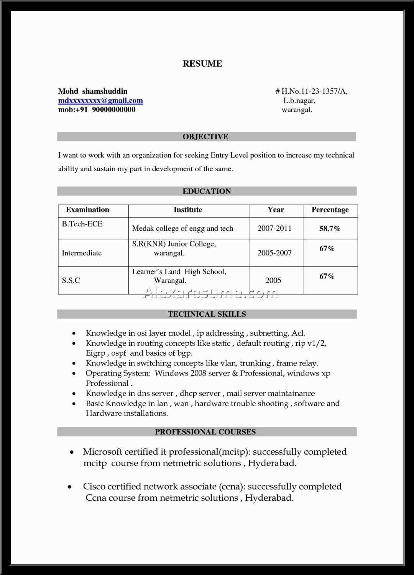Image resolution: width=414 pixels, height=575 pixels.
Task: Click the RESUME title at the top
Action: click(x=202, y=64)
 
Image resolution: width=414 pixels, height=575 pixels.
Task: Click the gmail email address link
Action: click(x=100, y=101)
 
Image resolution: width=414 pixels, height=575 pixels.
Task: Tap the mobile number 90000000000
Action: click(x=113, y=110)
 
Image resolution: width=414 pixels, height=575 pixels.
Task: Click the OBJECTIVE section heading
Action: click(x=205, y=137)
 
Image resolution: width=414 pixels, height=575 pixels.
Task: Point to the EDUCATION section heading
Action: click(x=207, y=191)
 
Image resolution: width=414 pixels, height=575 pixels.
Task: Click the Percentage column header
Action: click(x=330, y=210)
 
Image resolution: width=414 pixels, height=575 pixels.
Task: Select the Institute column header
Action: click(x=188, y=210)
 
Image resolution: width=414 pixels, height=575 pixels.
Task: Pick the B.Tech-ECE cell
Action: click(x=82, y=224)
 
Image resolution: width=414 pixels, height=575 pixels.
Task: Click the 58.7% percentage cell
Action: click(x=330, y=229)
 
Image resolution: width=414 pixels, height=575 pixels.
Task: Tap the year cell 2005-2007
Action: click(x=274, y=253)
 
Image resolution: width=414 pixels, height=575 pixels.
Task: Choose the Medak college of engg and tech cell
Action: click(x=182, y=229)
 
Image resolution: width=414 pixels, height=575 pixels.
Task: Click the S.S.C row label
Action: click(x=71, y=281)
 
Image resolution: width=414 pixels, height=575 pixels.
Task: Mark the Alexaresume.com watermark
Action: click(x=210, y=294)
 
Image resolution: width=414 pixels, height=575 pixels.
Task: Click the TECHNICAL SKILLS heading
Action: click(x=207, y=314)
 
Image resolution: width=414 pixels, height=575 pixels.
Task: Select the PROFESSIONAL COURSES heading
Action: click(x=205, y=432)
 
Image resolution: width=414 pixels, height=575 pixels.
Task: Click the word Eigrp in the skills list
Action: click(x=95, y=353)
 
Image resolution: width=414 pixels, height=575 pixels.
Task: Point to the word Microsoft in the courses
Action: click(x=103, y=452)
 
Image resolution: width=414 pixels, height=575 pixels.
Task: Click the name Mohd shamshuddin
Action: click(x=93, y=91)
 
